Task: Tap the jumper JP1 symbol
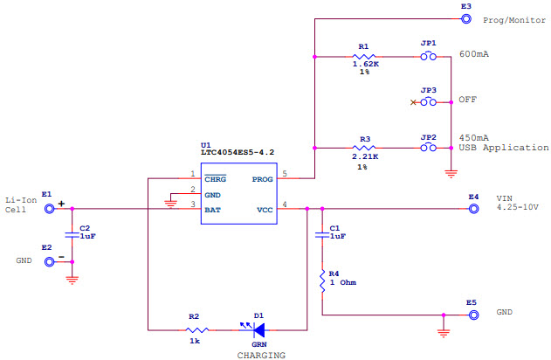click(428, 58)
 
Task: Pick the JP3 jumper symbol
click(428, 102)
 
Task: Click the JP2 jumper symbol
click(428, 148)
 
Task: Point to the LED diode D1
click(258, 330)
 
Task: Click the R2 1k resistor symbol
click(197, 330)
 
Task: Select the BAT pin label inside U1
click(212, 210)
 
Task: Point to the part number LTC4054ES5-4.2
click(236, 153)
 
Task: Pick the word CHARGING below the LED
click(261, 355)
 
